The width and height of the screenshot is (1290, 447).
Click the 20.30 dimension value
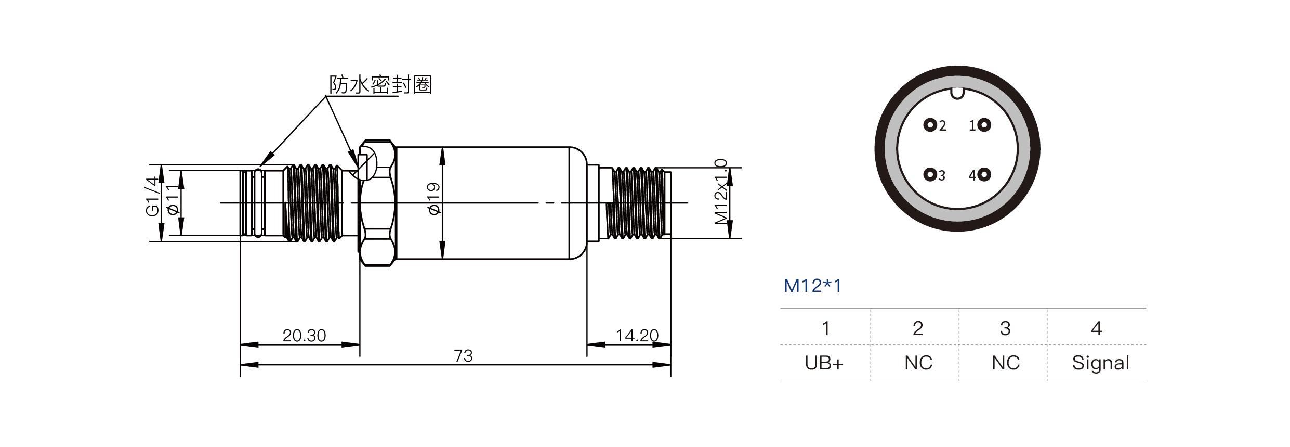coord(304,336)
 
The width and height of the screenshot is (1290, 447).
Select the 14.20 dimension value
coord(637,336)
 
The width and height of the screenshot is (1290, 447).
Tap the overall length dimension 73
coord(463,356)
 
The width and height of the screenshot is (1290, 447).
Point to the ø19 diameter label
coord(434,198)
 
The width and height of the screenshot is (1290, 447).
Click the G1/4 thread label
coord(152,197)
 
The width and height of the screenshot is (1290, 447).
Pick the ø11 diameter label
coord(174,202)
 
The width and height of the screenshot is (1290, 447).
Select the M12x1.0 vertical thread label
coord(720,191)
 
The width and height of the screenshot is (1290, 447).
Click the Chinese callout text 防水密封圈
coord(380,84)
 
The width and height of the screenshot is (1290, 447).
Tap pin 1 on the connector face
coord(984,125)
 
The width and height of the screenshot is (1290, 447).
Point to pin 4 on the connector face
coord(984,175)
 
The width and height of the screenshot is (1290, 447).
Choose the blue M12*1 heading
coord(812,286)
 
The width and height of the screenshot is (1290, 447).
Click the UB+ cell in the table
coord(824,363)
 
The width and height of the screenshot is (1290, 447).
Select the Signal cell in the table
coord(1100,363)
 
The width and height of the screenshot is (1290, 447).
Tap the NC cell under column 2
coord(918,363)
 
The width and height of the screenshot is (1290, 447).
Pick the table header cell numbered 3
coord(1005,328)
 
